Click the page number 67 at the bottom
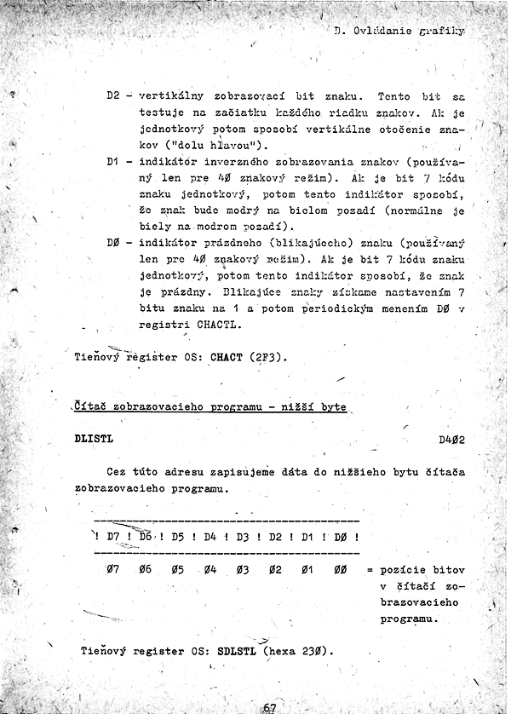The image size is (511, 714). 270,707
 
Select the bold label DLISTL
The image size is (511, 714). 94,440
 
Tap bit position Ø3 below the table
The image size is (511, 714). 241,569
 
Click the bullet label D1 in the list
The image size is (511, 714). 114,160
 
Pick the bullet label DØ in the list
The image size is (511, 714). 114,242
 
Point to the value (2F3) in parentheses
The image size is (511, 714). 266,358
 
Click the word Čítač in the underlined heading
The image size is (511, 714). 95,407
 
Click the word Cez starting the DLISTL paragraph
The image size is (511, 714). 117,472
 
